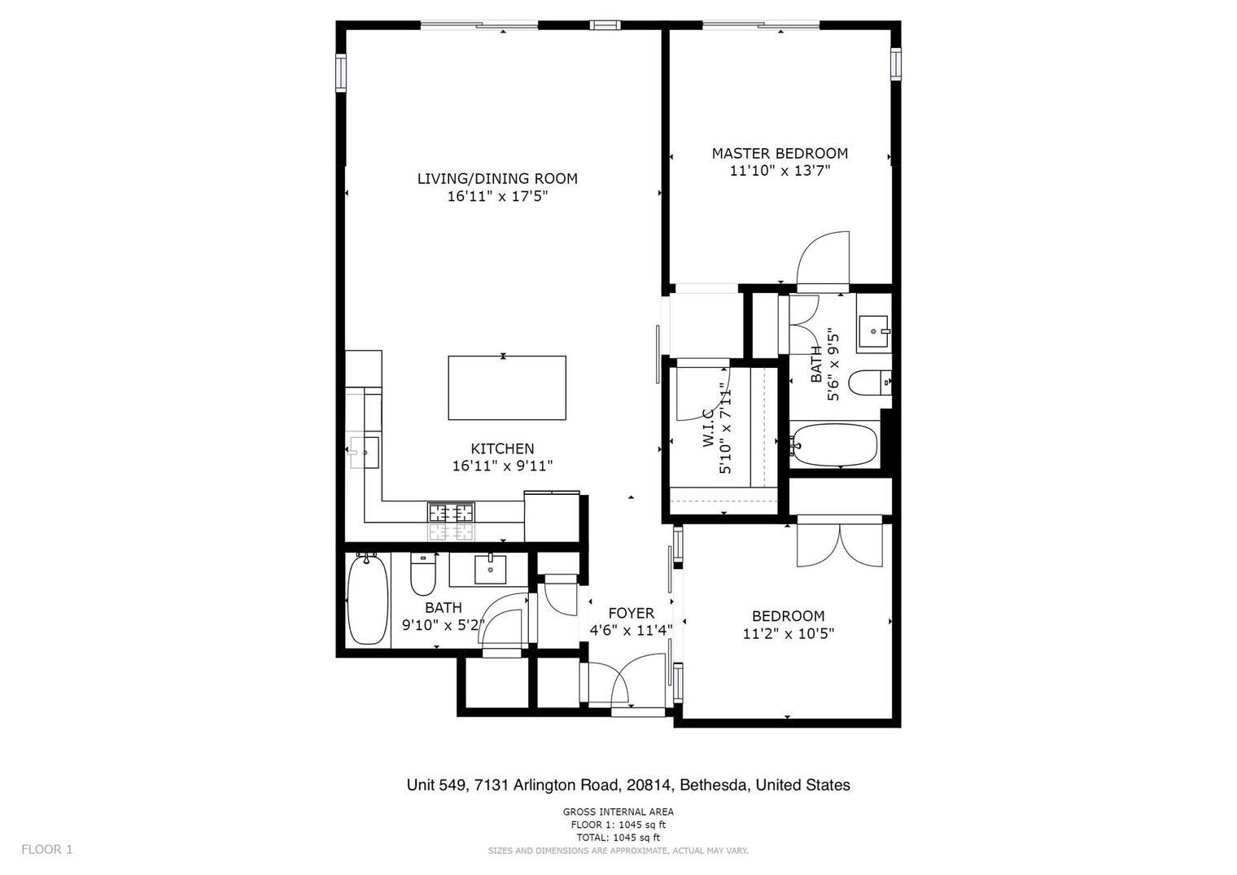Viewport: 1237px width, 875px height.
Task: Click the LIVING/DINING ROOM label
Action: click(497, 178)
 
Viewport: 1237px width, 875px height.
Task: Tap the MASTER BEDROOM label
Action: click(780, 153)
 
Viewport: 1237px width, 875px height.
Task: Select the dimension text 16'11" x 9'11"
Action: click(503, 466)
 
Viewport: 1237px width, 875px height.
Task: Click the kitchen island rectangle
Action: click(507, 387)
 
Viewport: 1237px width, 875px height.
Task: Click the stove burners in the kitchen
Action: click(451, 513)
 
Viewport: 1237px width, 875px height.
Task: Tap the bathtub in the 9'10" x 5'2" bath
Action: click(367, 601)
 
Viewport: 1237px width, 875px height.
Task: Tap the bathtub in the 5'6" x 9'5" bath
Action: click(835, 444)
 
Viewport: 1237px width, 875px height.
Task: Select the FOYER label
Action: click(631, 613)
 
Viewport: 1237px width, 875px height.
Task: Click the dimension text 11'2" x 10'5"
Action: click(788, 634)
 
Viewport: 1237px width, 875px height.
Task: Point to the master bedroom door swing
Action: click(824, 259)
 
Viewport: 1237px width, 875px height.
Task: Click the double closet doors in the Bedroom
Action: click(839, 544)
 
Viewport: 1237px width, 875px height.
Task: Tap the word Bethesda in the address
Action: click(713, 785)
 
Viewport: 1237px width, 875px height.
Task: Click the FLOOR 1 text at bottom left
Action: click(47, 849)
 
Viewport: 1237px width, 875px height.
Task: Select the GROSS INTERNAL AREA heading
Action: click(618, 812)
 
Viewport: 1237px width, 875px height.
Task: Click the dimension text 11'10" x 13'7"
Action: click(780, 171)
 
